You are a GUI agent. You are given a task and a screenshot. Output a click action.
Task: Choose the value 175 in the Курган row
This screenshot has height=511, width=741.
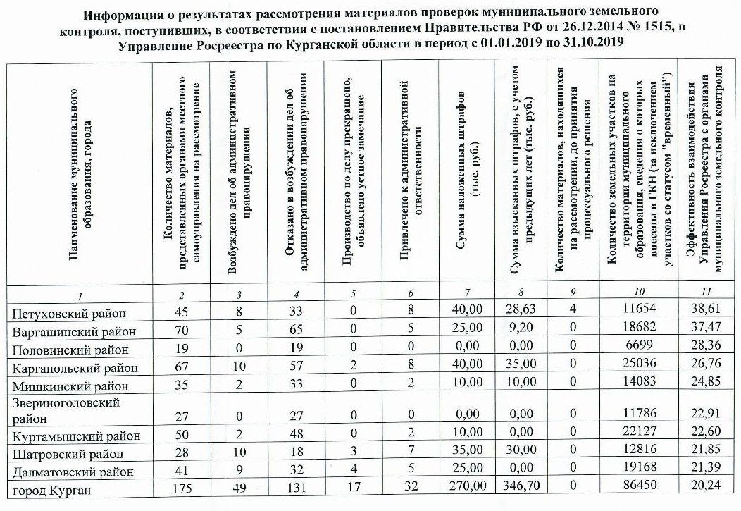182,489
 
